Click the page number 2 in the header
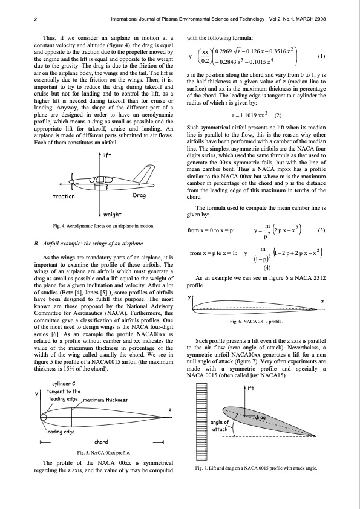coord(36,19)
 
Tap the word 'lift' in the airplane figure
coord(106,155)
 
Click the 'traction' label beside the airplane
coord(64,196)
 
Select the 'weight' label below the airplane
coord(112,215)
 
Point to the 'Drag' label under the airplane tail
coord(139,195)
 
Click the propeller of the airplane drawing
coord(71,184)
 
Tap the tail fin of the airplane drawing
coord(144,174)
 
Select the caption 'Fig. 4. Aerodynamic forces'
coord(103,226)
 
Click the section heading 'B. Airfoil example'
coord(88,244)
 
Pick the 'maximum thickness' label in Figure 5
coord(105,400)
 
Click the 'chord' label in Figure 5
coord(101,442)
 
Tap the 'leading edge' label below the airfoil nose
coord(61,432)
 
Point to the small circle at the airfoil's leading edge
coord(43,417)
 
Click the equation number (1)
coord(321,56)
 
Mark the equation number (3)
coord(321,230)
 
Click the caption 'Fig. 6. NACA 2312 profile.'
coord(256,322)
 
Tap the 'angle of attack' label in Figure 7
coord(220,426)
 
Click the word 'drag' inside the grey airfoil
coord(260,418)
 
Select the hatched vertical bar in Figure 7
coord(201,421)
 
